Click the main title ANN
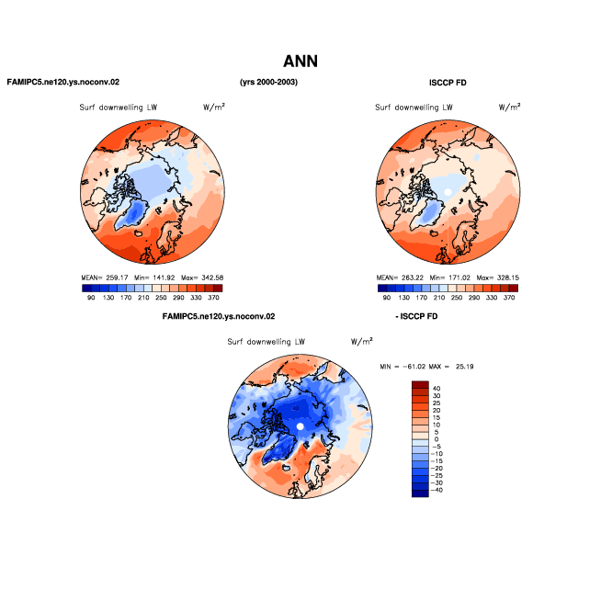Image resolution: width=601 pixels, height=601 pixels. pyautogui.click(x=300, y=62)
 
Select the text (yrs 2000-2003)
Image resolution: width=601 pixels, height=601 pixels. pyautogui.click(x=268, y=82)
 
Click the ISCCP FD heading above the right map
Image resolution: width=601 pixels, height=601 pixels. pyautogui.click(x=448, y=83)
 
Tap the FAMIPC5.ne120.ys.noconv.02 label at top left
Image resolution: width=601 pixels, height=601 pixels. pyautogui.click(x=63, y=82)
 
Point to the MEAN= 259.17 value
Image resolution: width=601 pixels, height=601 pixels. pyautogui.click(x=105, y=278)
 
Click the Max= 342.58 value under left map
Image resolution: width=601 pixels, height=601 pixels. pyautogui.click(x=202, y=278)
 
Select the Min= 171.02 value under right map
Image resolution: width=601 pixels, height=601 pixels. pyautogui.click(x=450, y=278)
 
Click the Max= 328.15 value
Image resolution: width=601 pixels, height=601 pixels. pyautogui.click(x=498, y=278)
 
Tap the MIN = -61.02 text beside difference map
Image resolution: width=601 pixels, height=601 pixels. pyautogui.click(x=403, y=367)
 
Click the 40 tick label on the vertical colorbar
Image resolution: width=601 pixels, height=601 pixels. pyautogui.click(x=437, y=389)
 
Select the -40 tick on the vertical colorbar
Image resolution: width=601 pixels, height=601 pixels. pyautogui.click(x=437, y=490)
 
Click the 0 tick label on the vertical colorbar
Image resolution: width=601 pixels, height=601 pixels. pyautogui.click(x=437, y=439)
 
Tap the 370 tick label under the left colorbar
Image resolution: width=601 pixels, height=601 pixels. pyautogui.click(x=213, y=298)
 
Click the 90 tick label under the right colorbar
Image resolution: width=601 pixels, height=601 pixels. pyautogui.click(x=387, y=298)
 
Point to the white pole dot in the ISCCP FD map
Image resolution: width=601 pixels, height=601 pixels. pyautogui.click(x=448, y=192)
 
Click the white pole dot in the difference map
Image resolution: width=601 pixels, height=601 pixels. pyautogui.click(x=300, y=426)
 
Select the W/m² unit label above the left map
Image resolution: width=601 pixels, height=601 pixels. pyautogui.click(x=214, y=107)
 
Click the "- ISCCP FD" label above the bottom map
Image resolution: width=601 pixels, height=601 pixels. pyautogui.click(x=416, y=317)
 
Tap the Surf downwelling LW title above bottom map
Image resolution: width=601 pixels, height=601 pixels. pyautogui.click(x=266, y=342)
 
